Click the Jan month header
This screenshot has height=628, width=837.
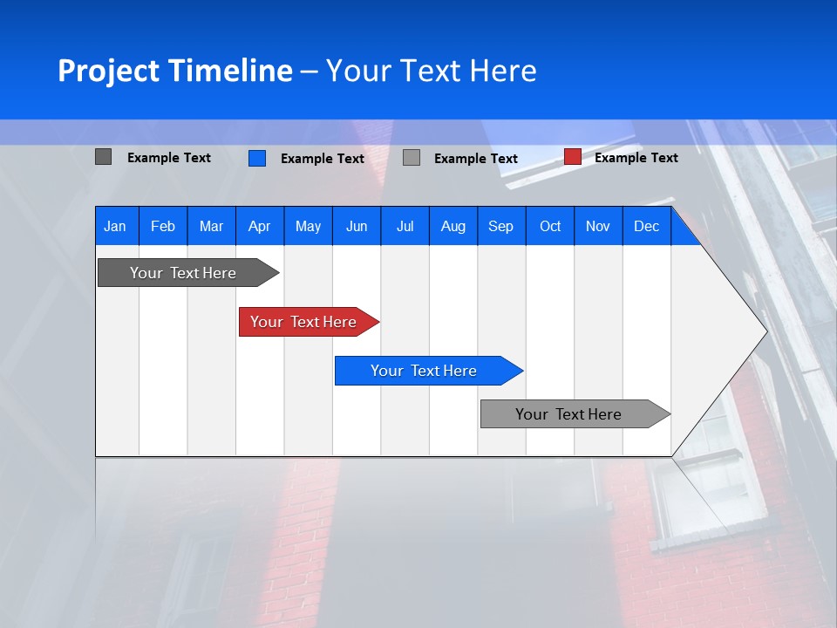116,226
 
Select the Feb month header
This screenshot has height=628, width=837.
163,226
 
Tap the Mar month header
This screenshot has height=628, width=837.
211,226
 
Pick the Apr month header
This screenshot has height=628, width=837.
260,226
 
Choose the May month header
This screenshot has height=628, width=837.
308,226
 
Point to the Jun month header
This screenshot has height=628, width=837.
357,226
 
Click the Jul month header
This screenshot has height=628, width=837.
405,226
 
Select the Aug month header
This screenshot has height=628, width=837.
453,226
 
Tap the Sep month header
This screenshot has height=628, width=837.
501,226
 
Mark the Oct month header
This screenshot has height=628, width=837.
550,226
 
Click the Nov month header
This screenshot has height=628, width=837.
598,226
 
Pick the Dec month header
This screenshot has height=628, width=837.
647,226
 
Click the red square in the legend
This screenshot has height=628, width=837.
573,157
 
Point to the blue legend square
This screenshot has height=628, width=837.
257,158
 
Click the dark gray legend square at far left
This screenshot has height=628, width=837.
104,157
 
